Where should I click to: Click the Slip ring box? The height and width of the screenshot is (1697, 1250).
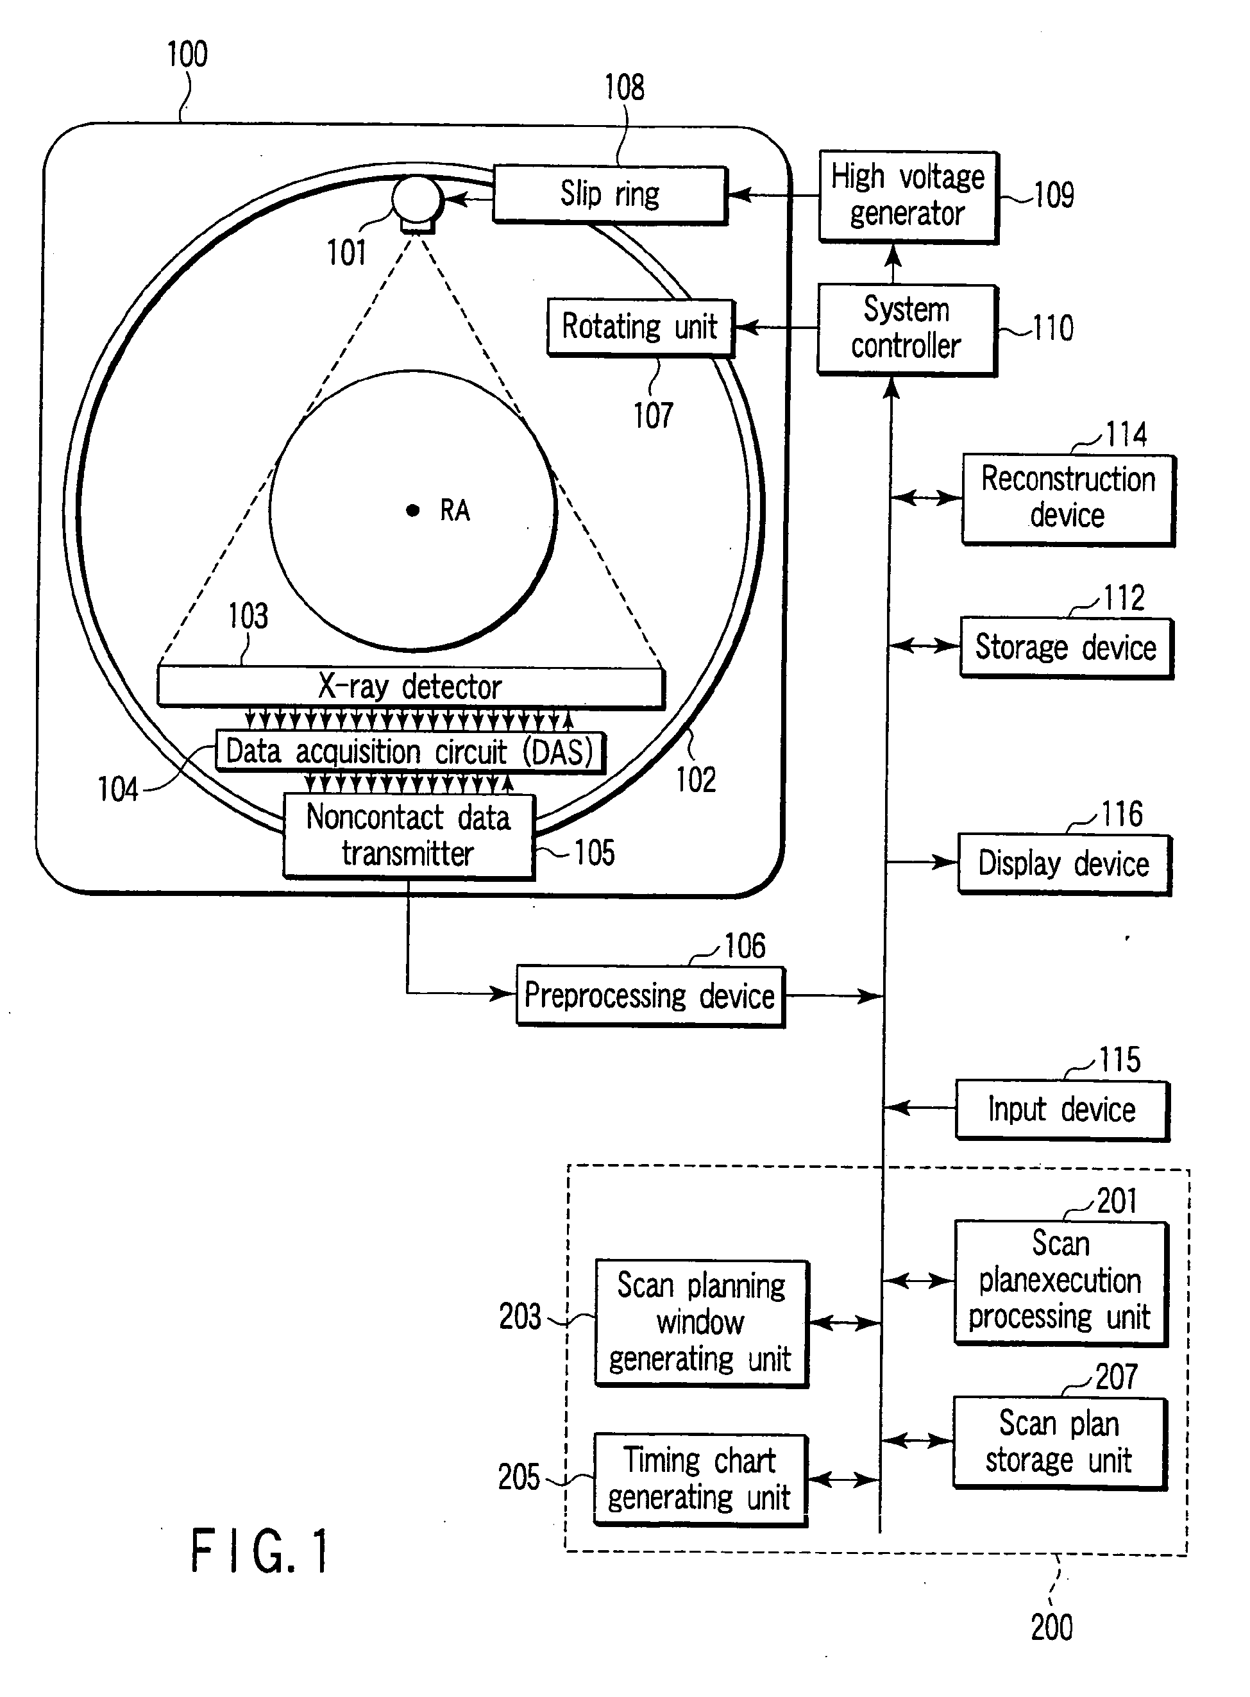point(610,194)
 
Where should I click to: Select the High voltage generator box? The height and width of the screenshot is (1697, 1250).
point(909,197)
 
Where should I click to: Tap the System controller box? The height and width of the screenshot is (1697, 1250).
point(908,330)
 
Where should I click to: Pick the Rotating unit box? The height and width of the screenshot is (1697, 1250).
point(640,328)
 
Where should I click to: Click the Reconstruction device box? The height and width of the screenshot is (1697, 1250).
point(1068,500)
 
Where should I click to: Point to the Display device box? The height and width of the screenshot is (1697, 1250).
point(1065,864)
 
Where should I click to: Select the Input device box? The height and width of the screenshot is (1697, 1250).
point(1062,1110)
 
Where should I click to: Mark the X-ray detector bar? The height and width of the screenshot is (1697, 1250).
point(411,686)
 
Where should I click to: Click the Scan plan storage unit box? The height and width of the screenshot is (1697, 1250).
point(1060,1443)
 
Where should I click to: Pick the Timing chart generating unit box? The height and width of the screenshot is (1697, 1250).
point(700,1479)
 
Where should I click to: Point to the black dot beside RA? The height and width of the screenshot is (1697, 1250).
point(412,511)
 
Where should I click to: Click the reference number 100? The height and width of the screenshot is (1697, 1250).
point(187,55)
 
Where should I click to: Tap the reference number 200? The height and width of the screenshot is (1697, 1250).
point(1052,1626)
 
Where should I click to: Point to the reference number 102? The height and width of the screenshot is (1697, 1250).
point(695,779)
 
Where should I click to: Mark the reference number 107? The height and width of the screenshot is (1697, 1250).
point(653,416)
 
